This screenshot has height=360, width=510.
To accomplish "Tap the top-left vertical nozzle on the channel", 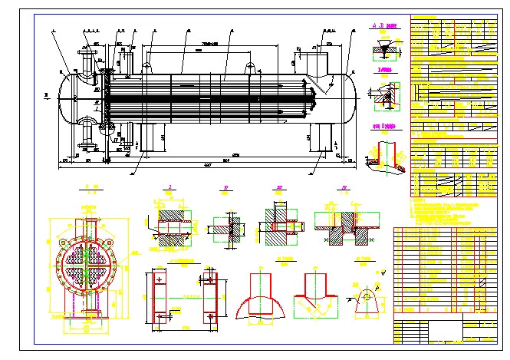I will coord(84,58).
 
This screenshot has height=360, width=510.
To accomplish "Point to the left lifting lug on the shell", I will coord(146,68).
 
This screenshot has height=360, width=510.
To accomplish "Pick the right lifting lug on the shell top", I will coord(250,67).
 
